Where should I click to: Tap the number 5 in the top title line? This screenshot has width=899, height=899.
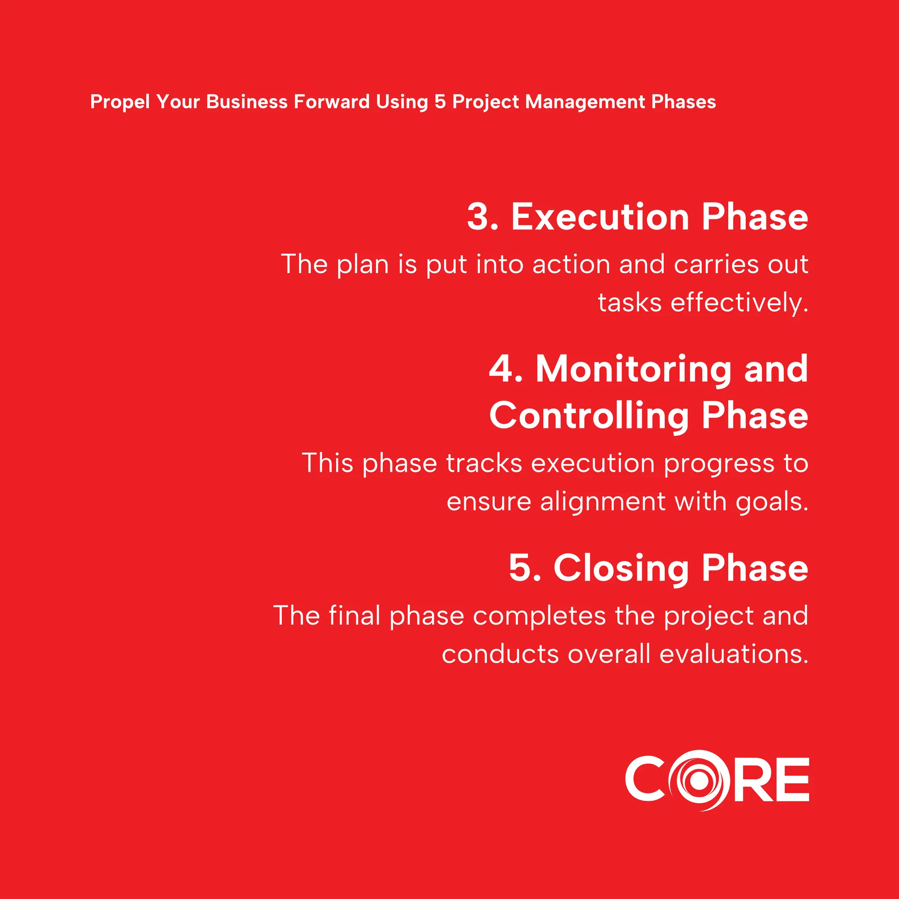point(440,102)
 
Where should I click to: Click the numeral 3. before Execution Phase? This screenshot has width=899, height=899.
point(482,217)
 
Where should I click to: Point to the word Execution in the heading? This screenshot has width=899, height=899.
point(600,217)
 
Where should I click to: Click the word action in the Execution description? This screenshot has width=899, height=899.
point(571,264)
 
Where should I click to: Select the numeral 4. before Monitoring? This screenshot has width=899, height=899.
point(505,369)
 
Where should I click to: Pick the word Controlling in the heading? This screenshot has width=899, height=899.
point(589,416)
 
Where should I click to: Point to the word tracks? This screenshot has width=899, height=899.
point(484,464)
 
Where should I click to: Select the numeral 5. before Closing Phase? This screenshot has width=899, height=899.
point(525,568)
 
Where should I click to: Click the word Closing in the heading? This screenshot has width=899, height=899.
point(621,568)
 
